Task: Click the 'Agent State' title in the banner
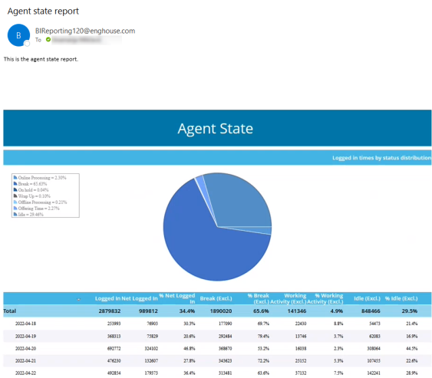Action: coord(216,128)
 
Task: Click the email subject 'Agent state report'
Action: coord(43,11)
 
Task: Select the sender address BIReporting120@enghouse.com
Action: coord(84,31)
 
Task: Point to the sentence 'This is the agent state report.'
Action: coord(41,59)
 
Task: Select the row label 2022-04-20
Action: coord(29,347)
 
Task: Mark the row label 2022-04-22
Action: coord(29,373)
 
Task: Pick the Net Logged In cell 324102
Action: coord(147,347)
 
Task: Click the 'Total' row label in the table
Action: coord(10,312)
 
